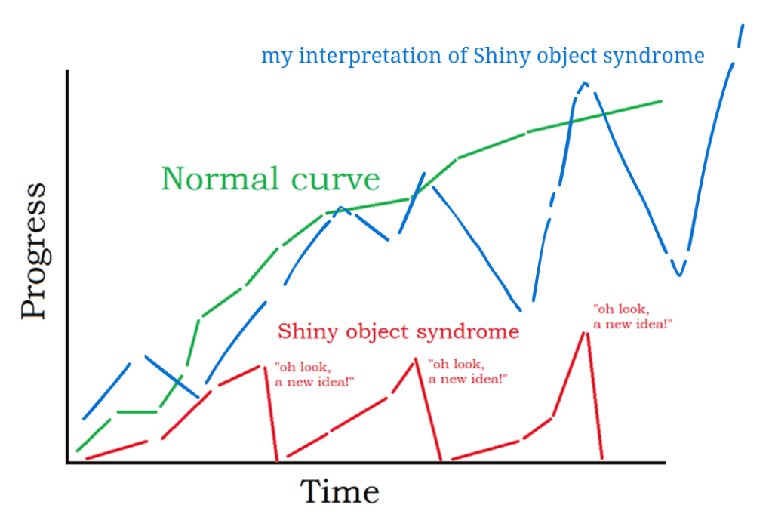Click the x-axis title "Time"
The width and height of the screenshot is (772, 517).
pos(340,491)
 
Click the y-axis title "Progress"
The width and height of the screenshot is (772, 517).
pos(35,251)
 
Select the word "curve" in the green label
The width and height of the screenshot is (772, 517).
pos(335,179)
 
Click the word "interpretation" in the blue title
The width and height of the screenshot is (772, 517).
pos(370,56)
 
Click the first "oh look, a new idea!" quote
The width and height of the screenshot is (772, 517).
pos(314,374)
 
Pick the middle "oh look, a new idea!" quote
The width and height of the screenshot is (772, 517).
pos(468,371)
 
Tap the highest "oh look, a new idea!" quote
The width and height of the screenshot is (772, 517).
pos(632,316)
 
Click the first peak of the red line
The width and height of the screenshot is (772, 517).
pos(260,365)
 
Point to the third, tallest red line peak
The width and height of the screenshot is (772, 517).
pos(586,334)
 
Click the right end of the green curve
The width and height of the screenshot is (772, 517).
pos(661,101)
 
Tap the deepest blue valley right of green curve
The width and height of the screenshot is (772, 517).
pos(679,274)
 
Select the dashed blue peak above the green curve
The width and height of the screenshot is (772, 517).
pos(584,84)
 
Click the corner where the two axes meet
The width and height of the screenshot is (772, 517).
pos(67,463)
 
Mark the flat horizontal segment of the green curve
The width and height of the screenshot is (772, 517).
pos(137,411)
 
